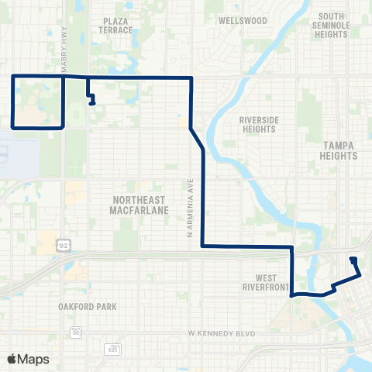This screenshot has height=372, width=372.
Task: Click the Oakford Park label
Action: (x=87, y=307)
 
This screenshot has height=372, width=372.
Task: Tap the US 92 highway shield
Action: (x=61, y=246)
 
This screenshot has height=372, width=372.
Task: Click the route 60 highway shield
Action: (x=76, y=332)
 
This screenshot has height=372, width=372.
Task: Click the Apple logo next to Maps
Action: (x=12, y=360)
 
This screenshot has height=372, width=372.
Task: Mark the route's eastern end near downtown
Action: (x=353, y=259)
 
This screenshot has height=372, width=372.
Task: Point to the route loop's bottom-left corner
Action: (x=12, y=126)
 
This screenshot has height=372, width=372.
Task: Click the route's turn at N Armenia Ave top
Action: (x=191, y=78)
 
